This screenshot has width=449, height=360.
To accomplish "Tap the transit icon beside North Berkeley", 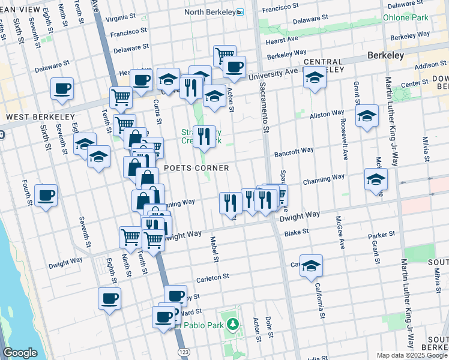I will [240, 12].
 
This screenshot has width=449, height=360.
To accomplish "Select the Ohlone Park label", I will [406, 17].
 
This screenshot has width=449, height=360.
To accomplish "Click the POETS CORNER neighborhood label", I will [196, 168].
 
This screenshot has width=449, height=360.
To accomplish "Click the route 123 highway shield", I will [183, 350].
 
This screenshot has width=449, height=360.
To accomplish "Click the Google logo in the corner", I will [20, 353].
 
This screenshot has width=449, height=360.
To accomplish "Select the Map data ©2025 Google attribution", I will [412, 355].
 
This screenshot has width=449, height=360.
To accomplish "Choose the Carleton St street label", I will [212, 277].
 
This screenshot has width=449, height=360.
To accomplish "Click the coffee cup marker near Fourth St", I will [46, 195].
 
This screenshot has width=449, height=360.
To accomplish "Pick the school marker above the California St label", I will [311, 265].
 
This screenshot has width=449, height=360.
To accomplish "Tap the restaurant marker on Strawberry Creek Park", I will [204, 136].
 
